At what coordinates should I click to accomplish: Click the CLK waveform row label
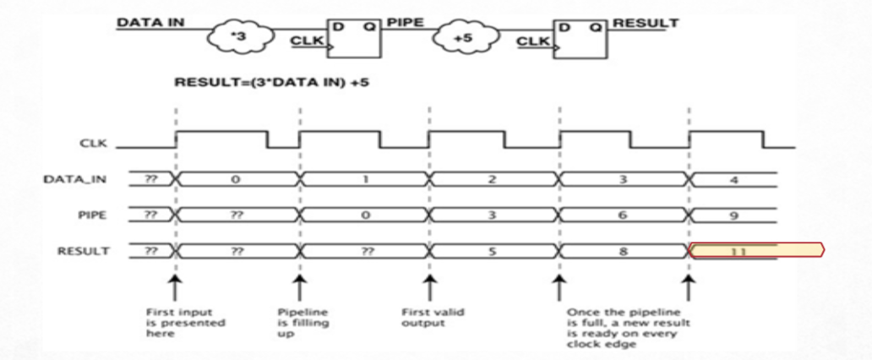[92, 145]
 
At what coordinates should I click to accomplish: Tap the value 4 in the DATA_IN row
[733, 179]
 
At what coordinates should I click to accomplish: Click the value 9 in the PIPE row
[733, 215]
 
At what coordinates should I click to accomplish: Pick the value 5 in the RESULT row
[493, 250]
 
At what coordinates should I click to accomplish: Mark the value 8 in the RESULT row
[623, 250]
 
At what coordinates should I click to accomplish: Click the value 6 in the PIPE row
[623, 215]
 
